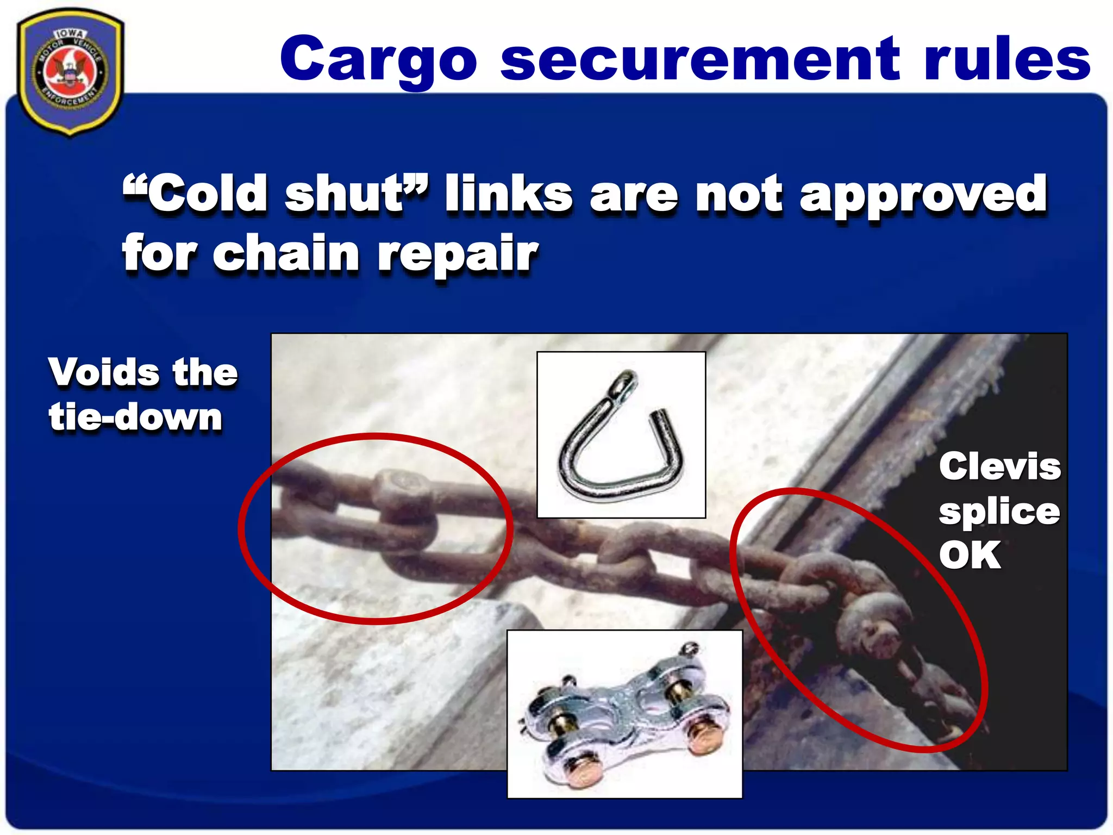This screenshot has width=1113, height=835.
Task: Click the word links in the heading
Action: click(509, 194)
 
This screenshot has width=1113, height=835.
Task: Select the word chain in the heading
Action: click(285, 253)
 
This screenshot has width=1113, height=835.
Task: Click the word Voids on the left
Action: click(104, 372)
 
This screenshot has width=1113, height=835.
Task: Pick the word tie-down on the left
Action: click(135, 417)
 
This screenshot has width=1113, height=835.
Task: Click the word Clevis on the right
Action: click(999, 466)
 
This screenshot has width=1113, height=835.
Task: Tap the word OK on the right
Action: click(970, 555)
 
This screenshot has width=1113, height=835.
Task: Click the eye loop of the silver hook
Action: click(625, 383)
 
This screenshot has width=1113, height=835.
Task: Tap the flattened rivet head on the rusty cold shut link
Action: click(402, 484)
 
